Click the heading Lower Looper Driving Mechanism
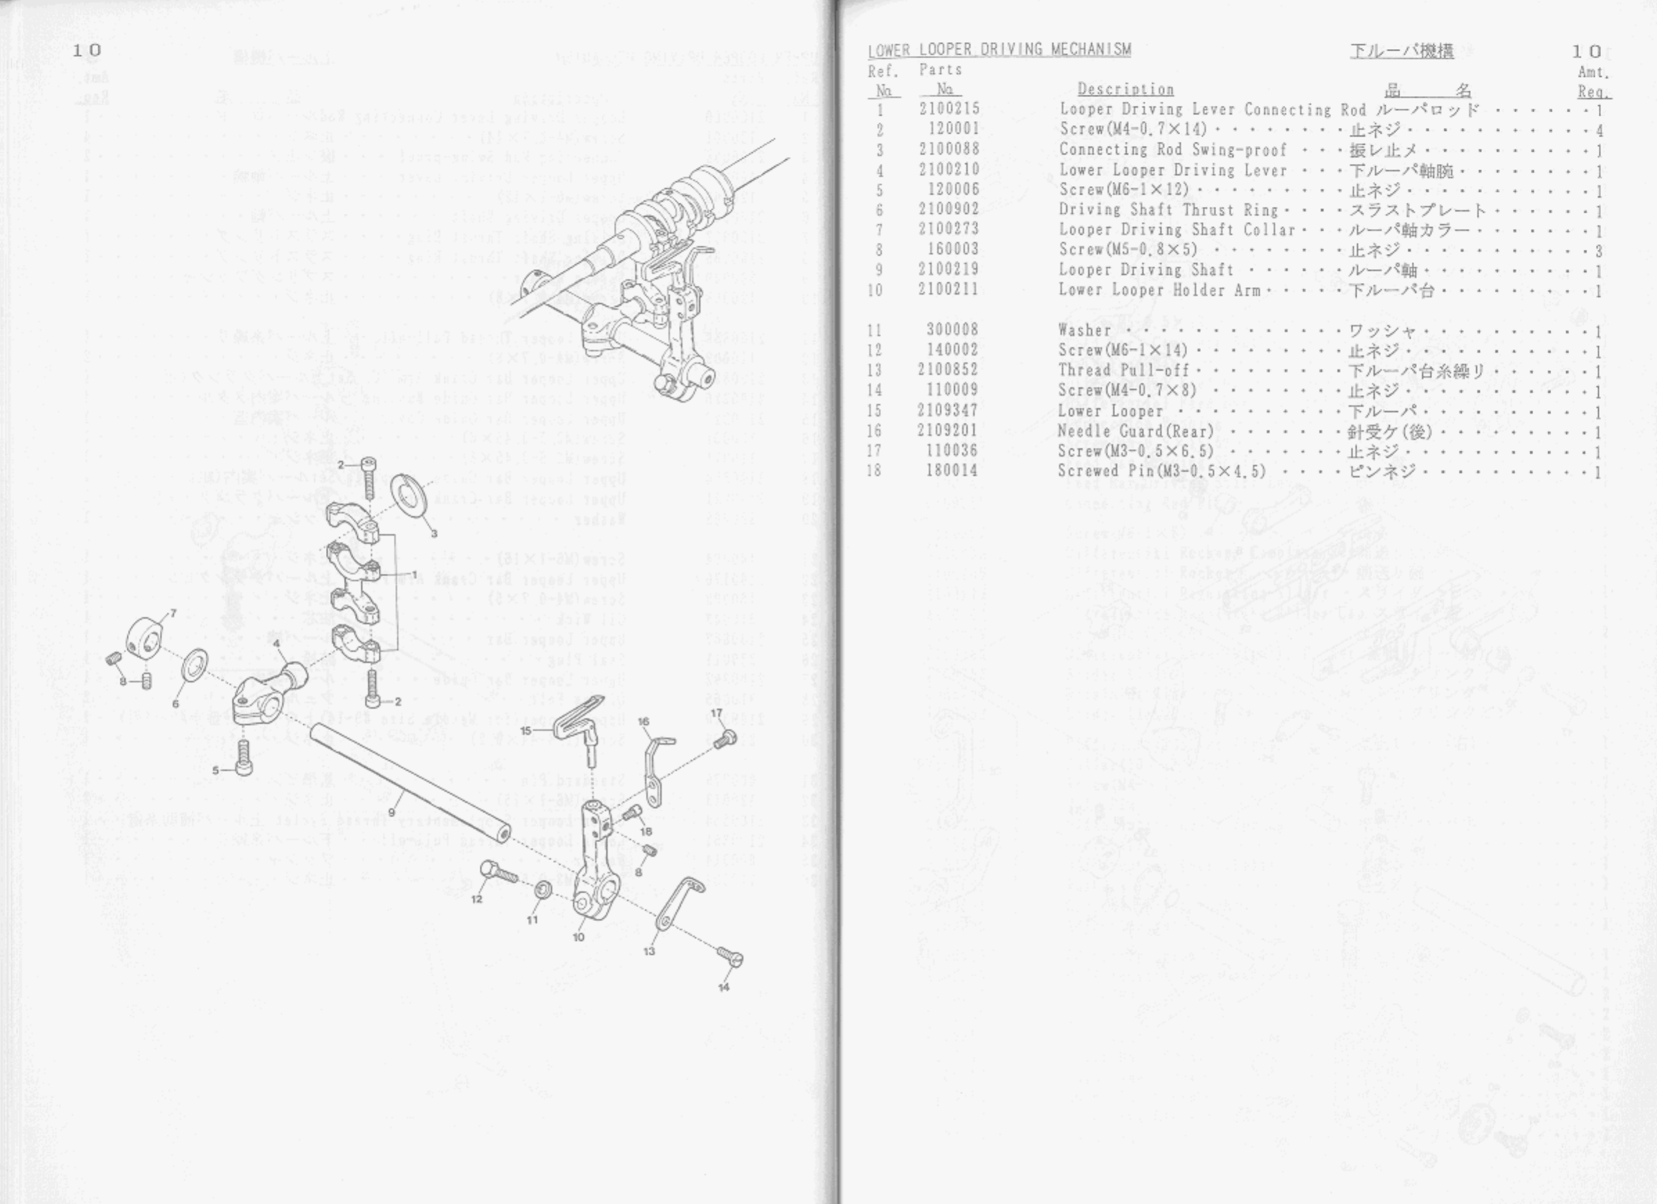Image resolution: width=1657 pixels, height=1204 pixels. [x=999, y=50]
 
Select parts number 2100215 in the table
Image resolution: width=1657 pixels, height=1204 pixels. [x=949, y=109]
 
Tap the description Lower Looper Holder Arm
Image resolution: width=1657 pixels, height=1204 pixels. [x=1159, y=290]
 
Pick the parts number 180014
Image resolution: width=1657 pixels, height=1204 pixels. [x=952, y=471]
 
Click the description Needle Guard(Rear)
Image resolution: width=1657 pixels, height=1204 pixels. [x=1135, y=431]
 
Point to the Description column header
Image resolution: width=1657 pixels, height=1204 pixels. [x=1125, y=90]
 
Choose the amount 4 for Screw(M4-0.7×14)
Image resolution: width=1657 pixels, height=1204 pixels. [x=1600, y=131]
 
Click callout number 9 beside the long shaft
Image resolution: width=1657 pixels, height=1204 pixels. [x=392, y=812]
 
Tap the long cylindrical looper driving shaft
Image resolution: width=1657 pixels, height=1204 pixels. [x=409, y=781]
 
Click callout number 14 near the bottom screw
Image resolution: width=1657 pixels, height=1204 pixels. [x=723, y=987]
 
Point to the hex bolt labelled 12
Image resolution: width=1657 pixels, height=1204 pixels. [x=496, y=871]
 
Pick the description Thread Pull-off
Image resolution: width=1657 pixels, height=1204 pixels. [x=1123, y=370]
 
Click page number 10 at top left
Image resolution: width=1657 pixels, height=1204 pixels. [x=87, y=51]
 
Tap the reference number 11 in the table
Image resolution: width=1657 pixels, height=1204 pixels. [x=875, y=331]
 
